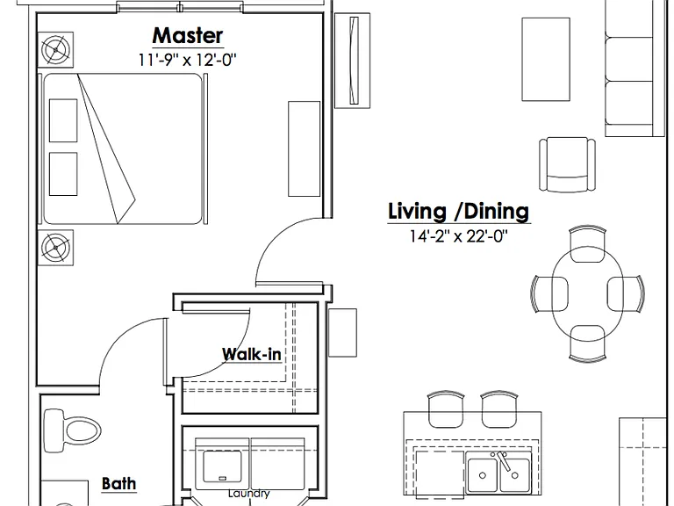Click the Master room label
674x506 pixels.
pyautogui.click(x=188, y=36)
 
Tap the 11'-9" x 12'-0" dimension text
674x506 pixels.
pyautogui.click(x=188, y=60)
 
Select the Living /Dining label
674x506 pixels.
pyautogui.click(x=459, y=211)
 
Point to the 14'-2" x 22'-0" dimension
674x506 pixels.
pyautogui.click(x=459, y=235)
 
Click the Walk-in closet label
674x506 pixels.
pyautogui.click(x=252, y=354)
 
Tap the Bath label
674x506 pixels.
pyautogui.click(x=119, y=483)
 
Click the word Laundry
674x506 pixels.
pyautogui.click(x=249, y=493)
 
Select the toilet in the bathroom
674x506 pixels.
pyautogui.click(x=72, y=430)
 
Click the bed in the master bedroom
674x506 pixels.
pyautogui.click(x=123, y=148)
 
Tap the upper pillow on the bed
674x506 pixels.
pyautogui.click(x=63, y=120)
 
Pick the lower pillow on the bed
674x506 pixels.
pyautogui.click(x=63, y=174)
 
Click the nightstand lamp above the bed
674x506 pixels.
pyautogui.click(x=56, y=50)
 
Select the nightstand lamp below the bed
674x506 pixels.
pyautogui.click(x=56, y=248)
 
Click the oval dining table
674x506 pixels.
pyautogui.click(x=588, y=293)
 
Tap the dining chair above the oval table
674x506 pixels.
pyautogui.click(x=587, y=243)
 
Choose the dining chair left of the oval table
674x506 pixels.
pyautogui.click(x=549, y=294)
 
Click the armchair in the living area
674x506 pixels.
pyautogui.click(x=568, y=164)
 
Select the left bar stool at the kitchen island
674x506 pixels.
pyautogui.click(x=446, y=409)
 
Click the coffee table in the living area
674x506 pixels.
pyautogui.click(x=546, y=60)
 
